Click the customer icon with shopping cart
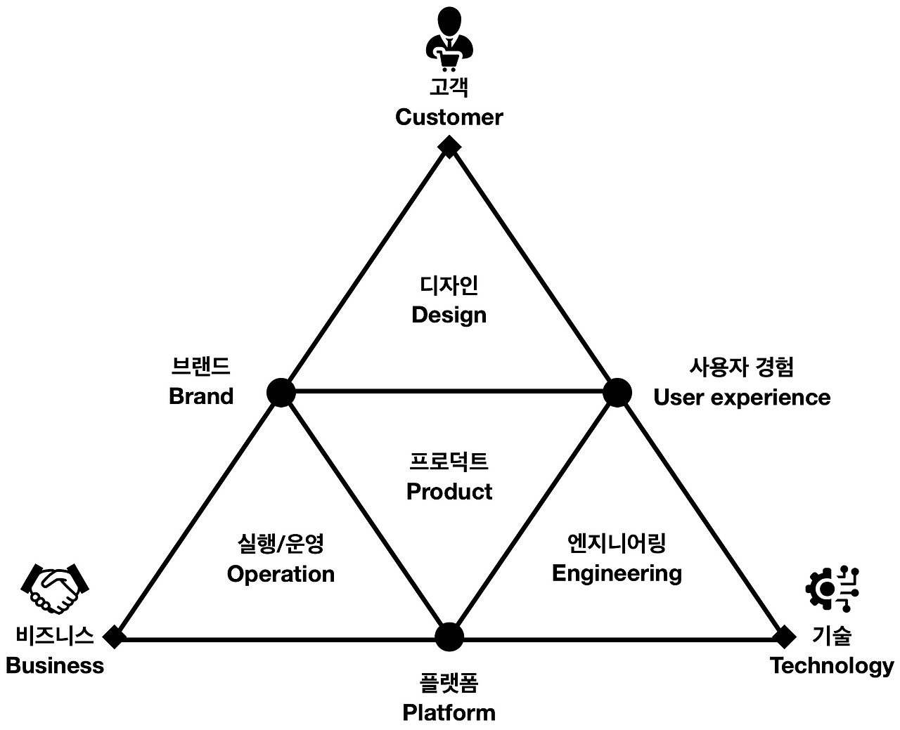(449, 40)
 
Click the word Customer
(449, 117)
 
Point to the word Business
(55, 665)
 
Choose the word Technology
(832, 665)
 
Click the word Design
(449, 315)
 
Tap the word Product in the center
(449, 491)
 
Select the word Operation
(281, 574)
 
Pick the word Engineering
(617, 573)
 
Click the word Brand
(201, 396)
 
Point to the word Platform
(449, 712)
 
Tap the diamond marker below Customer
(449, 146)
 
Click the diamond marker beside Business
(114, 637)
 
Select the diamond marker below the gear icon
(783, 637)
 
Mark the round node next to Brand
(281, 392)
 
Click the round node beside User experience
(617, 392)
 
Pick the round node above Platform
(449, 637)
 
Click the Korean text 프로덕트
(449, 462)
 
